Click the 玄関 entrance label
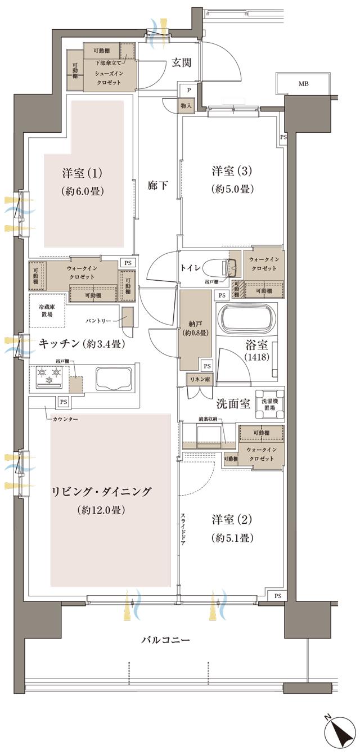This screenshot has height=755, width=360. coord(182,62)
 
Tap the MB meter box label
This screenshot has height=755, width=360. coord(303,84)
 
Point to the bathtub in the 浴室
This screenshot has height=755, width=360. coord(248,322)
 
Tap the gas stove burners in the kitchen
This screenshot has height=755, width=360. coord(49,376)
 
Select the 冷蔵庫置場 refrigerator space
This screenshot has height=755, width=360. coord(47,311)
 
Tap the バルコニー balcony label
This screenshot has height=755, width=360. coord(165,640)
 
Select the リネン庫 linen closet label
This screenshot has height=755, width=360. coord(200,380)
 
